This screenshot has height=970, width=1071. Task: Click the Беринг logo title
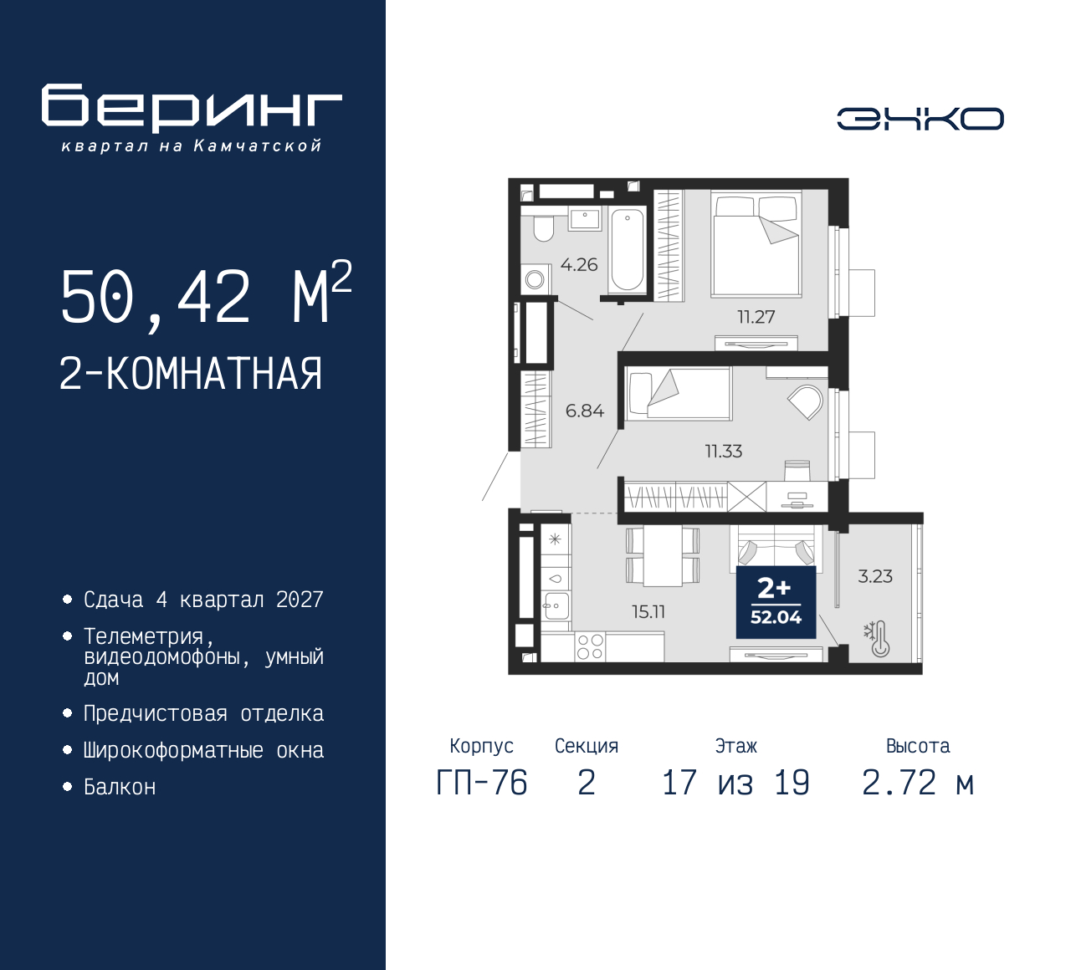(192, 108)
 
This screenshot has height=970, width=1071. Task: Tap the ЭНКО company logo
(920, 119)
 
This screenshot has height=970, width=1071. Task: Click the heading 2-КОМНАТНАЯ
(191, 374)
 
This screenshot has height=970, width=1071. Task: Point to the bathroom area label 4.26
(579, 265)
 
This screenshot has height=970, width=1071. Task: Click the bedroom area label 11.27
(756, 317)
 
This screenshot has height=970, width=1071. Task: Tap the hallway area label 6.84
(584, 411)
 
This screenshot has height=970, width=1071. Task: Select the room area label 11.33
(723, 452)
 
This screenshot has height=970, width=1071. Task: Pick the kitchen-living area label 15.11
(648, 612)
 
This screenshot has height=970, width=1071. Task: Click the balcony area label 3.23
(875, 576)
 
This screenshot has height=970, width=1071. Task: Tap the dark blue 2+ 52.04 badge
(776, 602)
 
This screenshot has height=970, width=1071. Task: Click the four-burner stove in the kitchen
(590, 646)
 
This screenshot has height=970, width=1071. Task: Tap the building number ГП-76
(482, 784)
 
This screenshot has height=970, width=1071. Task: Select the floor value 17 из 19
(735, 784)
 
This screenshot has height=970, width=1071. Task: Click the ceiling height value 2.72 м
(918, 784)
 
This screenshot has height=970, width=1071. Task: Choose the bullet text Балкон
(120, 788)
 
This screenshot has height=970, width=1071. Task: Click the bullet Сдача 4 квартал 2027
(203, 600)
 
